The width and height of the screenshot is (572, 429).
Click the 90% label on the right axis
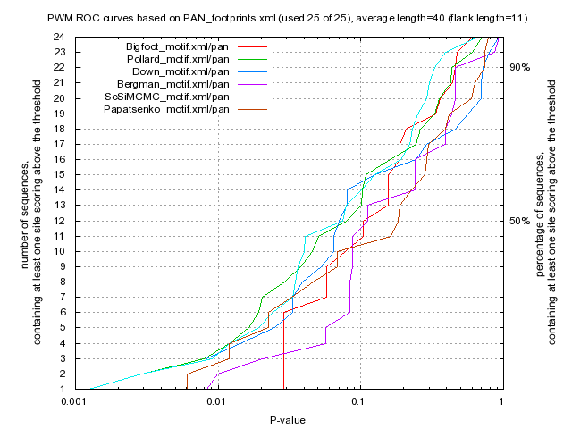(519, 67)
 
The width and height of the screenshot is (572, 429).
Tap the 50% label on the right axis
(519, 221)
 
